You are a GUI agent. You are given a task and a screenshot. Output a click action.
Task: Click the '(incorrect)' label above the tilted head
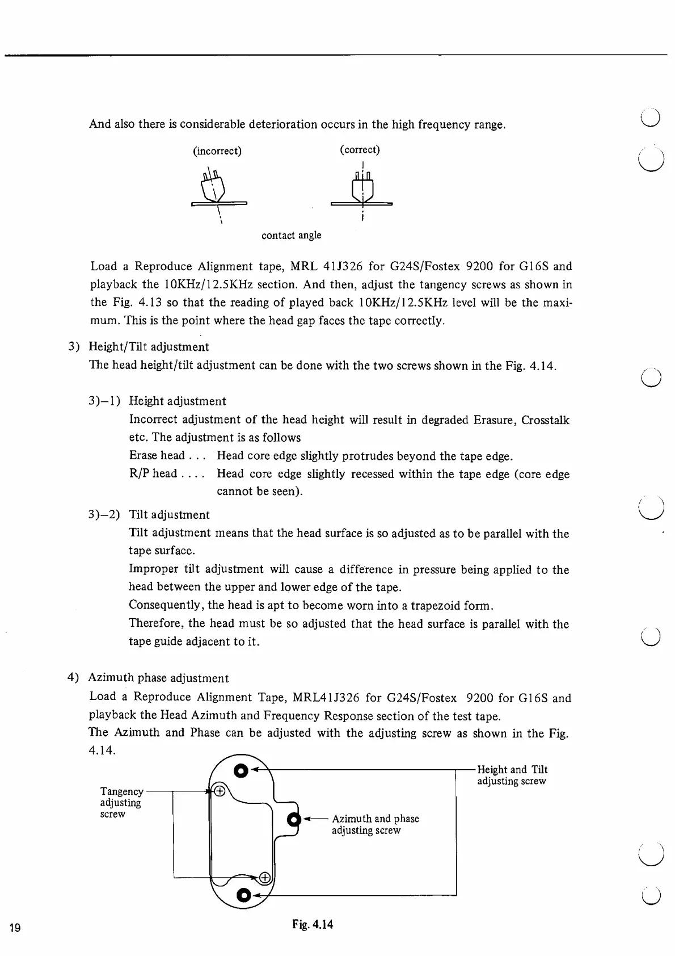(x=217, y=151)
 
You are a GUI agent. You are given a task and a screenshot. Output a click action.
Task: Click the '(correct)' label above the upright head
(x=360, y=150)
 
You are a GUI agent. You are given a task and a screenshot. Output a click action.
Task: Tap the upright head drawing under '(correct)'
(x=362, y=187)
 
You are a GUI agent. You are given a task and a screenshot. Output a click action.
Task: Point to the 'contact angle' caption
(x=291, y=235)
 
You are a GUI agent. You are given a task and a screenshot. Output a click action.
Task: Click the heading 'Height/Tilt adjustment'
(x=149, y=347)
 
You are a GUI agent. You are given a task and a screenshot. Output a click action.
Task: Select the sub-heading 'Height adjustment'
(x=178, y=401)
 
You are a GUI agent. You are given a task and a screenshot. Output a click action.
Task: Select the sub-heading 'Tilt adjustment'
(x=169, y=515)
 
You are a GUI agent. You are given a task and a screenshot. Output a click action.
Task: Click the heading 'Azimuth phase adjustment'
(x=158, y=678)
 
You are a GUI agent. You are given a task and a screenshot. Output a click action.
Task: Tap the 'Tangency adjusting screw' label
(x=121, y=802)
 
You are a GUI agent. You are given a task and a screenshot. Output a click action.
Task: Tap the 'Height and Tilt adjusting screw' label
(x=512, y=775)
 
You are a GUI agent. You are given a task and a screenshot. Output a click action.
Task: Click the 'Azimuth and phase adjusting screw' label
(x=375, y=824)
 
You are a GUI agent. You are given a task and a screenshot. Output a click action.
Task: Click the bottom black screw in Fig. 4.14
(x=243, y=895)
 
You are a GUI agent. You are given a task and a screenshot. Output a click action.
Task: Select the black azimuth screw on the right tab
(x=293, y=820)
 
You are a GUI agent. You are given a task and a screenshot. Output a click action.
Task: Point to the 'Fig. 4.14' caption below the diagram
(x=313, y=924)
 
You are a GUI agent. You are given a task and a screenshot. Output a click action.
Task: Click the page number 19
(x=15, y=928)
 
